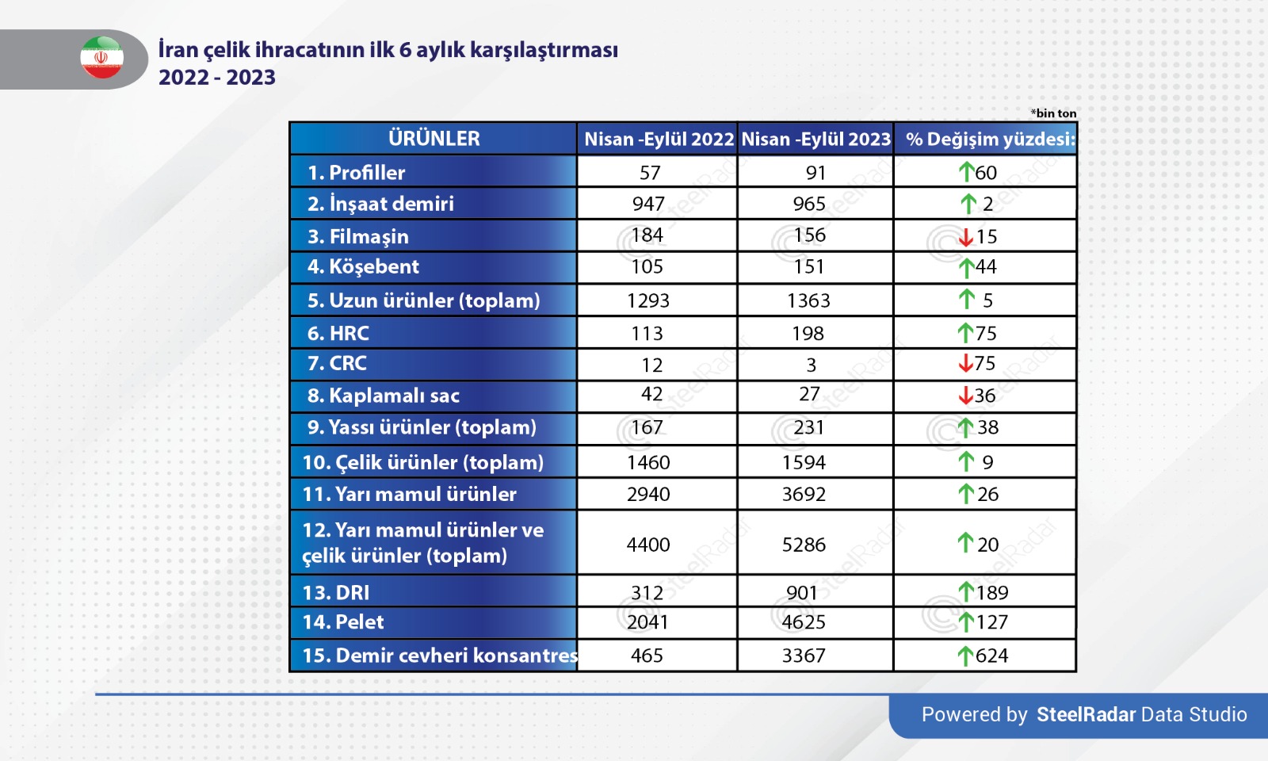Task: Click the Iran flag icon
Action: click(102, 57)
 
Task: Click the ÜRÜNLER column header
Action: click(433, 138)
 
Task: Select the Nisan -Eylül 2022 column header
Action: click(659, 140)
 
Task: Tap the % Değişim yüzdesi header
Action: click(990, 140)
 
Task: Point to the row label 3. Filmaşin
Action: click(357, 236)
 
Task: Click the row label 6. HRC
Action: click(338, 333)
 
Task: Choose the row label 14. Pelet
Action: click(343, 621)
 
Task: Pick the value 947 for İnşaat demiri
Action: click(648, 204)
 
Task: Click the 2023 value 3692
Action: click(804, 495)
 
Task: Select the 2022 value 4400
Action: click(648, 545)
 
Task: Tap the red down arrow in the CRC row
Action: click(965, 363)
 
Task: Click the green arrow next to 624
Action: click(964, 656)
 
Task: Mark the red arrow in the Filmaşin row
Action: click(966, 237)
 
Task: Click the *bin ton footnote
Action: click(1053, 113)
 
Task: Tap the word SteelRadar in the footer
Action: click(1086, 714)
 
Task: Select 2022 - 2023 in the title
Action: click(217, 77)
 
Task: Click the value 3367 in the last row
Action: click(804, 656)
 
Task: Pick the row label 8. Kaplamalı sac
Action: click(384, 396)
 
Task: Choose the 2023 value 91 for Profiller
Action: click(815, 173)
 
